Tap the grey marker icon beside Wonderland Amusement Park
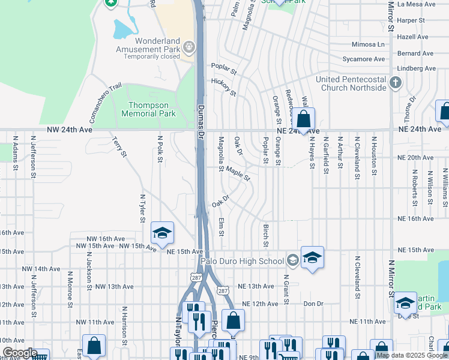[x=190, y=47]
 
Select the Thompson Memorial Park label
[x=148, y=109]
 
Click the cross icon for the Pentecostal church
[x=396, y=82]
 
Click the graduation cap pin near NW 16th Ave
[x=162, y=233]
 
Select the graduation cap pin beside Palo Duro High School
[x=312, y=257]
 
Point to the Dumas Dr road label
[x=201, y=119]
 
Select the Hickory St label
[x=223, y=86]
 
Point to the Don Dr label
[x=313, y=304]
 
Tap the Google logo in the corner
[x=19, y=353]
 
